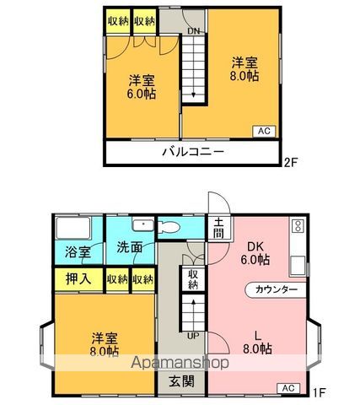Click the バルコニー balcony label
[193, 153]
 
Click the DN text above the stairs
[193, 32]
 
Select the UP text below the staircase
[192, 335]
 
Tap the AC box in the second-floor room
[265, 130]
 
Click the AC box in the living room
[287, 387]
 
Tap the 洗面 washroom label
[129, 251]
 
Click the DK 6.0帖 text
[255, 254]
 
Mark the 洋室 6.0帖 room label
[141, 87]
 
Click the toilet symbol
[166, 226]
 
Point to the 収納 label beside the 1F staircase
[193, 279]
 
